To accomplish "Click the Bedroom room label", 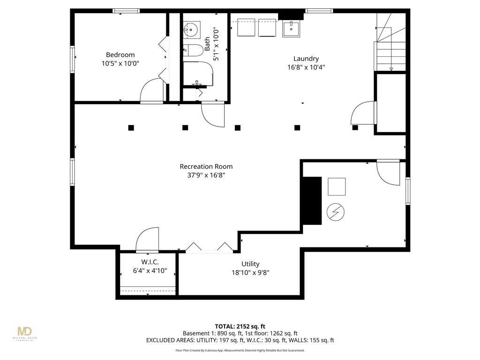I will point(120,55).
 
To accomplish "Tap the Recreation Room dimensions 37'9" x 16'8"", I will point(206,176).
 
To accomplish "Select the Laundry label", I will point(306,59).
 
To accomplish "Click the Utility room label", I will point(250,264).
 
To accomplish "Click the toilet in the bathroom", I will point(192,50).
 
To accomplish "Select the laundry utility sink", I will point(291,28).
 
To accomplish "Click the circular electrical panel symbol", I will point(336,212).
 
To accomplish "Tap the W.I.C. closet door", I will point(147,239).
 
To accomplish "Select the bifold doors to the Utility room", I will point(209,248).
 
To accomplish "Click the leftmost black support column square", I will point(131,127).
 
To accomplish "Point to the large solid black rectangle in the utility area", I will point(312,201).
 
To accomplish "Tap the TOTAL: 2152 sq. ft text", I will point(240,326).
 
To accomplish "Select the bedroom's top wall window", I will point(126,11).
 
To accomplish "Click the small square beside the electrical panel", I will point(336,187).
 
